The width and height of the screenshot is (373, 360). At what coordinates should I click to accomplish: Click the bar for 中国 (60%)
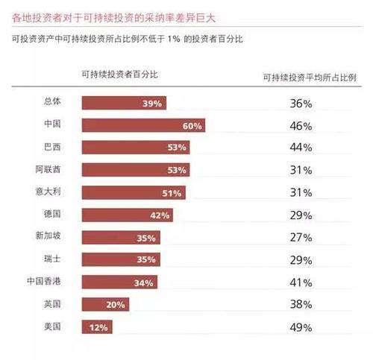[x=143, y=125]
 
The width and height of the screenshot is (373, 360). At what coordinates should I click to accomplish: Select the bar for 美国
[x=97, y=326]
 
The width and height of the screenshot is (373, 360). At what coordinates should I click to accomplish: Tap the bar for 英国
[x=105, y=304]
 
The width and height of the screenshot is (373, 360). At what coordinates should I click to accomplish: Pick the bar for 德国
[x=128, y=215]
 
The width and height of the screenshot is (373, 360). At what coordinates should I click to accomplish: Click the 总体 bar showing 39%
[x=124, y=103]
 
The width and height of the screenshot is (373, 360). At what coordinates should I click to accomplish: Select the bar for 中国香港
[x=119, y=282]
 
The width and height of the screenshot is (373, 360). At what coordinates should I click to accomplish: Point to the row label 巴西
[x=52, y=147]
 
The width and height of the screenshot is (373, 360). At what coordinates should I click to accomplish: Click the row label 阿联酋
[x=48, y=169]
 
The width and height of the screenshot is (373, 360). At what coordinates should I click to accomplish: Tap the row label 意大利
[x=48, y=192]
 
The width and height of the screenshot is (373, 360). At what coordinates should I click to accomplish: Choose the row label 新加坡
[x=48, y=236]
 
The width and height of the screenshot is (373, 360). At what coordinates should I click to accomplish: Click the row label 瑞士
[x=52, y=259]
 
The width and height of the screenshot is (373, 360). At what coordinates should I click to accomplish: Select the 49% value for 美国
[x=301, y=327]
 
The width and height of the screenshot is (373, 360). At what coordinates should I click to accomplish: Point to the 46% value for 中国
[x=301, y=126]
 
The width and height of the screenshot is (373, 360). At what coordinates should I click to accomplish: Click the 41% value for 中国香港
[x=301, y=282]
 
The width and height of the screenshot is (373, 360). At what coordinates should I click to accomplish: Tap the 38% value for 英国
[x=301, y=304]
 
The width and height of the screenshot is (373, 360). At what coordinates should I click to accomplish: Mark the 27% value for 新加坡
[x=301, y=238]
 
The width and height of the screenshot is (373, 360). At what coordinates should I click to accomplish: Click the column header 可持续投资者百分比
[x=120, y=75]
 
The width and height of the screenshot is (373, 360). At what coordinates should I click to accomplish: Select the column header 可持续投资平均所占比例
[x=310, y=78]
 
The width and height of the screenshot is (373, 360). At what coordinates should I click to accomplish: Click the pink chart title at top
[x=113, y=18]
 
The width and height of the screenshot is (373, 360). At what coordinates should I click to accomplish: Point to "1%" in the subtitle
[x=174, y=39]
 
